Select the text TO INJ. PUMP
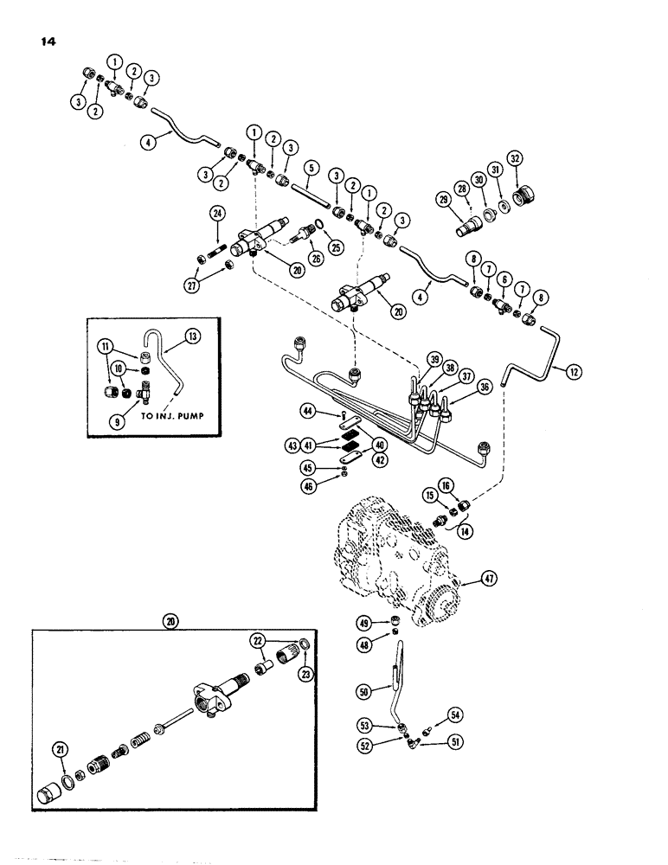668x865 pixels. click(x=156, y=422)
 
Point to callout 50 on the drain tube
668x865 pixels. click(x=361, y=692)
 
